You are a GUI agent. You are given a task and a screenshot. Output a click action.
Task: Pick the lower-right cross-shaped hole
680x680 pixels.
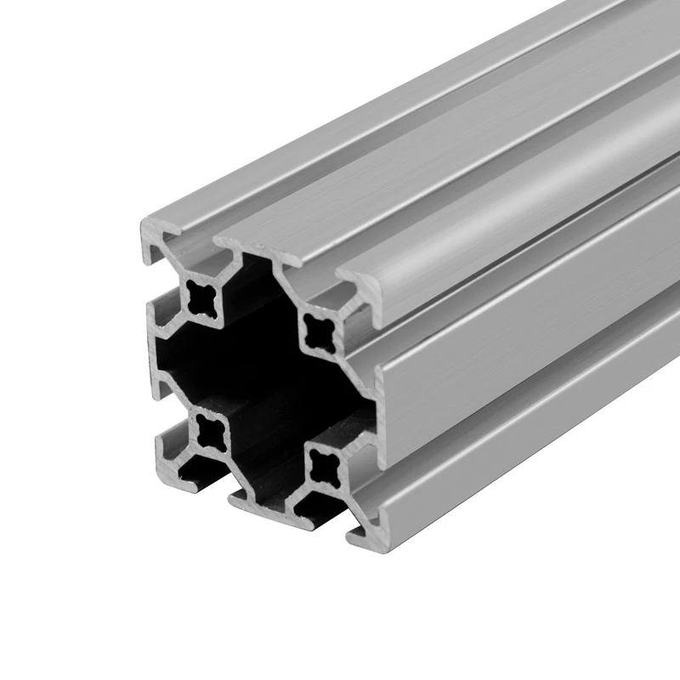click(x=324, y=464)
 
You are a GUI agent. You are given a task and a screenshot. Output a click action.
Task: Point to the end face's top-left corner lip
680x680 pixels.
click(x=153, y=235)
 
